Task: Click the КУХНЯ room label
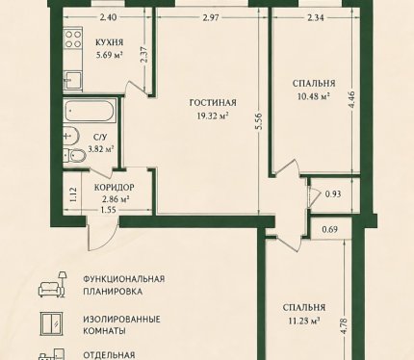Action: (109, 42)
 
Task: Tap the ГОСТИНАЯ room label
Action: (213, 103)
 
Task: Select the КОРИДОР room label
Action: (115, 187)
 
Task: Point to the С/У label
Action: (100, 138)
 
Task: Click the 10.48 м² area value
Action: (314, 96)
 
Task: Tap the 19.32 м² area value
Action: (213, 116)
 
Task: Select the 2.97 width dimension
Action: (211, 17)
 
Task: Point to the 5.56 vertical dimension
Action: (259, 121)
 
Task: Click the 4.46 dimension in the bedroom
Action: (352, 100)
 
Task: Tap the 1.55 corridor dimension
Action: (108, 210)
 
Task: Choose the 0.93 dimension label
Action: (333, 194)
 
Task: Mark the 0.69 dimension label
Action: (330, 229)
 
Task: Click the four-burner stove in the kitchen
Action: (73, 39)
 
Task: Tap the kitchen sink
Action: (72, 80)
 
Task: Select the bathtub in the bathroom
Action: (90, 111)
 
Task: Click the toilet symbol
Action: (75, 156)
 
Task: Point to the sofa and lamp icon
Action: (53, 284)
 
